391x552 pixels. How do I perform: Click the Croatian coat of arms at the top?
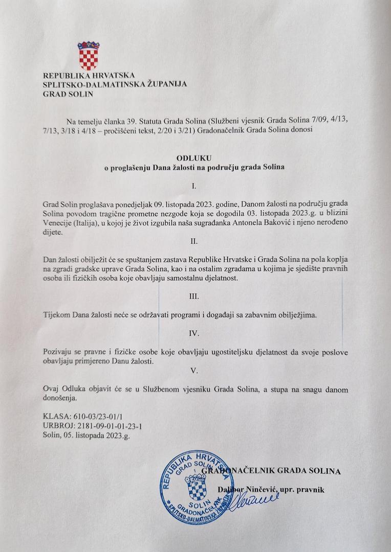[x=88, y=56]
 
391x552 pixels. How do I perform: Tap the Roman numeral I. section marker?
[x=193, y=186]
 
